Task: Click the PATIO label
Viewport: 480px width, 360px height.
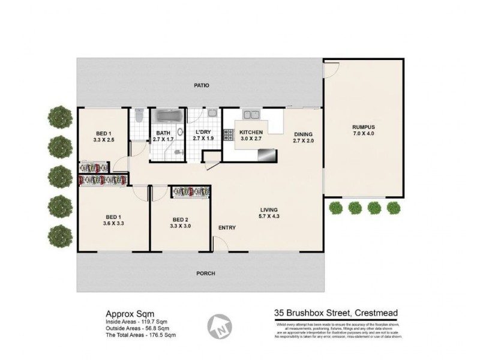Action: click(201, 86)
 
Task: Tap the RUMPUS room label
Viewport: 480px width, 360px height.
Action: click(364, 127)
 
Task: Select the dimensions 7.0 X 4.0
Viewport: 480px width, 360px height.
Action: click(364, 134)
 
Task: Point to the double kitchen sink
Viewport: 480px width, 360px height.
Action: click(251, 115)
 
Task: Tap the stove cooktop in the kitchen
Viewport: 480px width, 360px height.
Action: click(228, 134)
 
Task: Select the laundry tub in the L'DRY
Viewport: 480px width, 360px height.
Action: click(212, 113)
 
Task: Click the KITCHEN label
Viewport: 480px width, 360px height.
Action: click(251, 132)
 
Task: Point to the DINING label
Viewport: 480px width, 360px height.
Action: click(304, 134)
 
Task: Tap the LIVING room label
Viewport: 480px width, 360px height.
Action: click(269, 209)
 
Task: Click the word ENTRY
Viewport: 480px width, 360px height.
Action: click(227, 227)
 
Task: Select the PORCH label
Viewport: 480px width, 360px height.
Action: click(206, 274)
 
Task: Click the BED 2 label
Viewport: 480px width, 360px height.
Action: click(180, 219)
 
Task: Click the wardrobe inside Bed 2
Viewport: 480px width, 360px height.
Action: click(191, 191)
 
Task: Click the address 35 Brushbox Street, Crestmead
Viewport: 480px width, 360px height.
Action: click(335, 313)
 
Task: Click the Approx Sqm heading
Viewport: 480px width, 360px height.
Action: click(125, 313)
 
